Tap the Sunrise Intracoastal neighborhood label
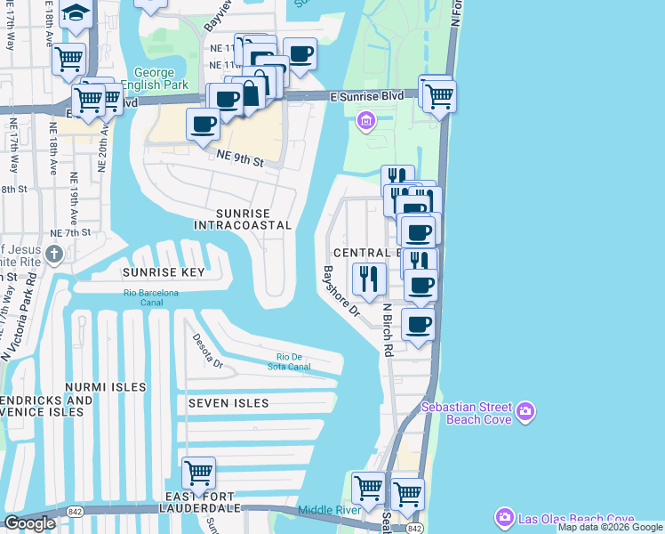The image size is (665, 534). coord(242,219)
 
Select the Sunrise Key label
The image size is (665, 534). coord(164,272)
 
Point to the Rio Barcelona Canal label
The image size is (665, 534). coord(150,297)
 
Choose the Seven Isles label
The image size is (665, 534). coord(228,403)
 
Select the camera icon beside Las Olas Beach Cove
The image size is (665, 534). coord(505,518)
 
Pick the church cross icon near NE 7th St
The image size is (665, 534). coord(54,255)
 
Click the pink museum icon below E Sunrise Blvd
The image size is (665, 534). coord(365,120)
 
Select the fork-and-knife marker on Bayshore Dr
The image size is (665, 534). coord(368,278)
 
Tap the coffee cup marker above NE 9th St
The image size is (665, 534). coord(203,124)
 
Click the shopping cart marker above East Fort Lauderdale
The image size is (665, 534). coord(197,473)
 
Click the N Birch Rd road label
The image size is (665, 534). coord(387,329)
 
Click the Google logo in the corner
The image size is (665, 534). coord(30,523)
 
